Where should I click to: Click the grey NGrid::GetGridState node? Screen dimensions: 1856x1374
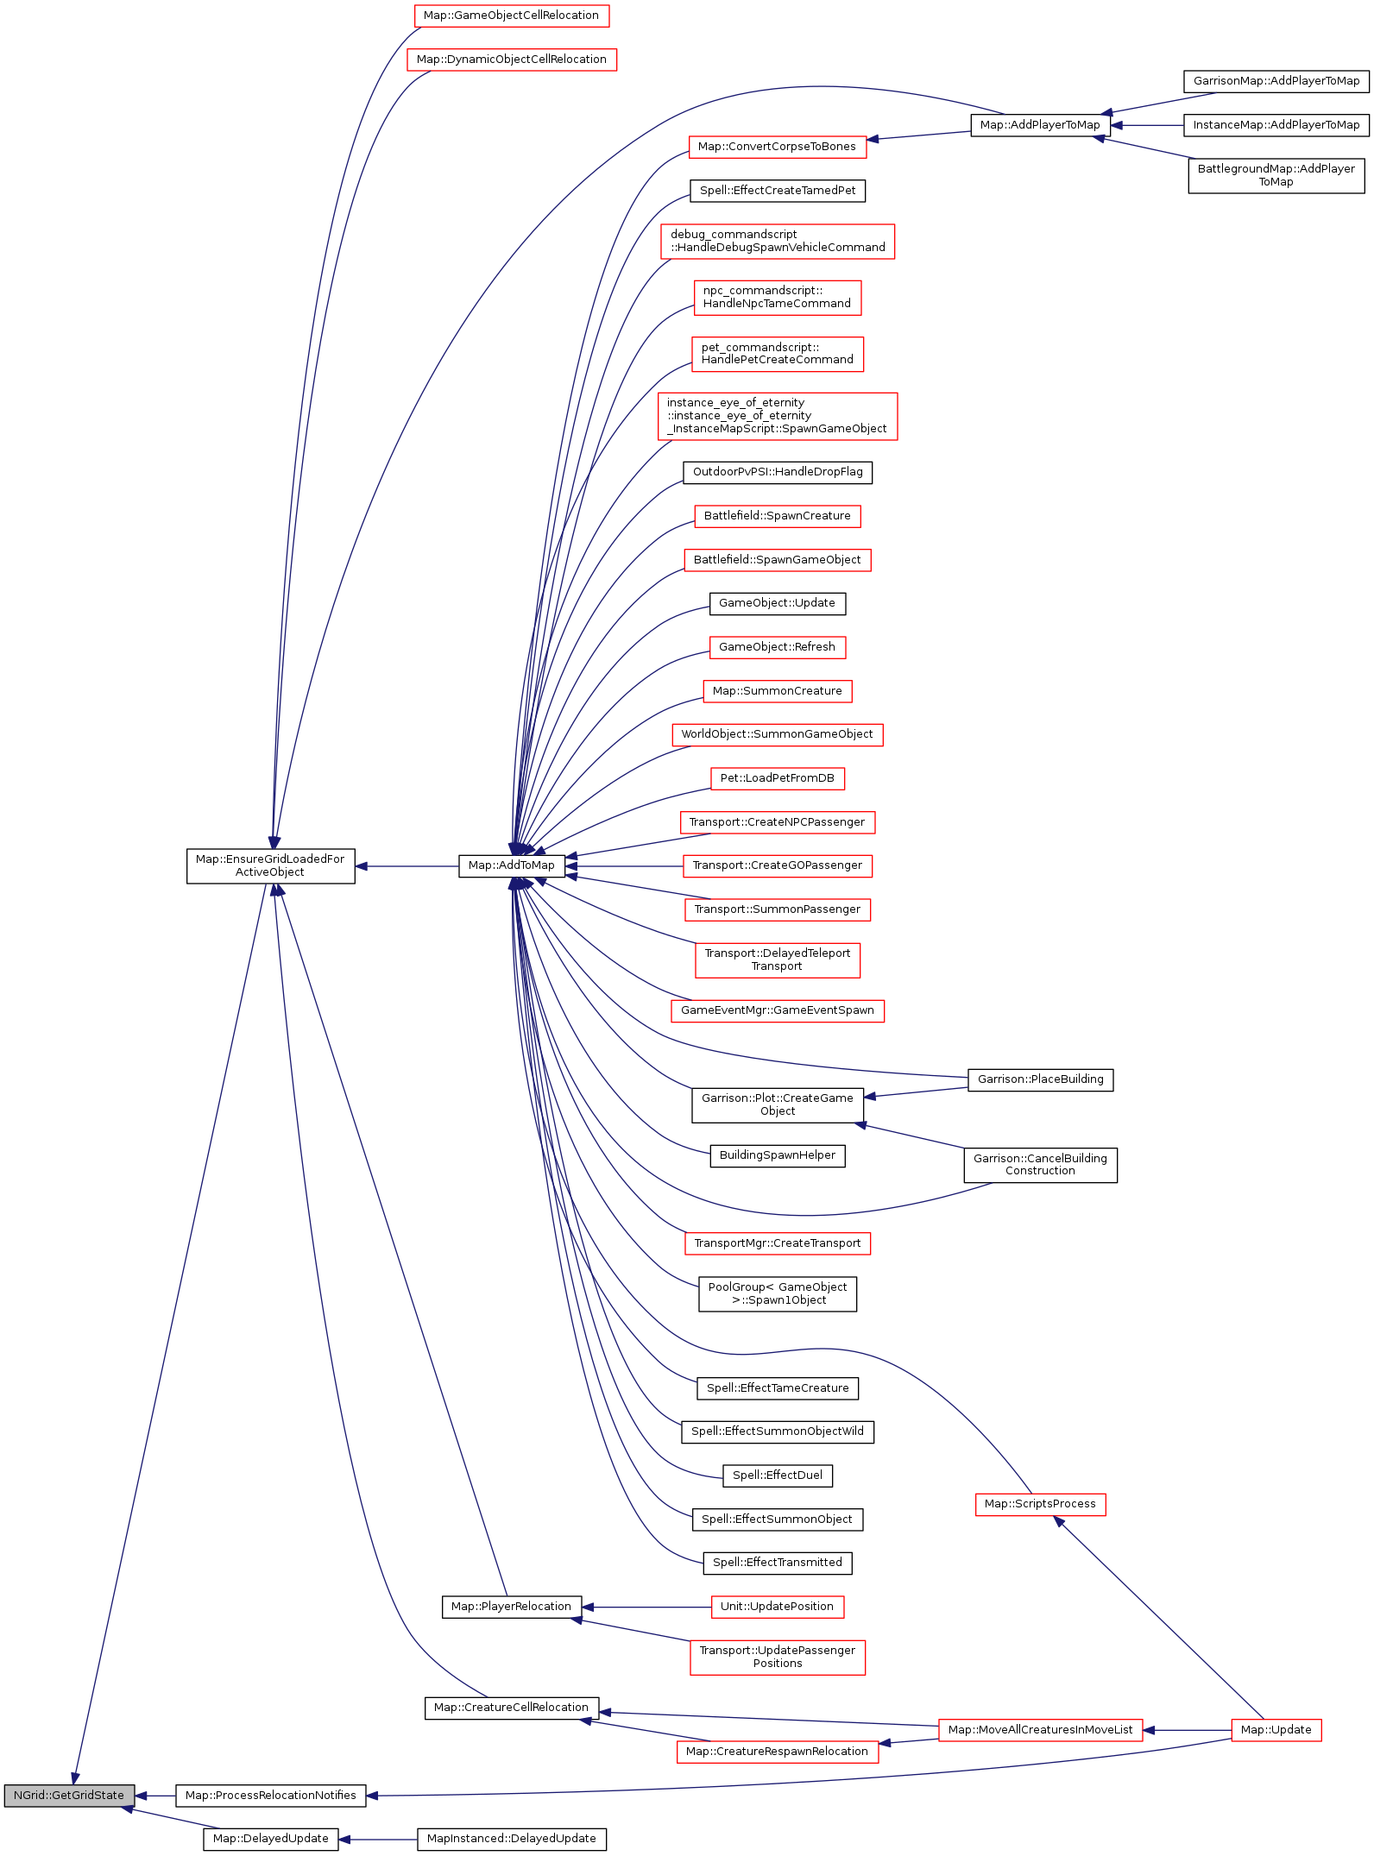69,1795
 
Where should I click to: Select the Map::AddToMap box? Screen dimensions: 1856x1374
511,865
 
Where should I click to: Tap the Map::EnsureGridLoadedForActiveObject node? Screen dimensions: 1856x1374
270,865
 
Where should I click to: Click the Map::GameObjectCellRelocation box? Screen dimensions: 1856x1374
511,16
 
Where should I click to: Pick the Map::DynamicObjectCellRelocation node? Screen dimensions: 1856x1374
511,60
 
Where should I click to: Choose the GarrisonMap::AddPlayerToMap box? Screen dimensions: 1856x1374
1276,81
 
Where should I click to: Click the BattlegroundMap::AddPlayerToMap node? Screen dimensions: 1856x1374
1276,175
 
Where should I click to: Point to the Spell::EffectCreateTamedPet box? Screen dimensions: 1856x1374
777,191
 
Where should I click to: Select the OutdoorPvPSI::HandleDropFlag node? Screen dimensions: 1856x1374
777,472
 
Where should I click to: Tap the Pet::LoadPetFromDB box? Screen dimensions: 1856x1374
777,778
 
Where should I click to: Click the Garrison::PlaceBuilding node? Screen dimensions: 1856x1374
1040,1079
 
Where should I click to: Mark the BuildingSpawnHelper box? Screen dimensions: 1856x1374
777,1155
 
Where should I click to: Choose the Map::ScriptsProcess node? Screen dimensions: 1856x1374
1040,1504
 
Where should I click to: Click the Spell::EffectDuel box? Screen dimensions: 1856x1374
777,1475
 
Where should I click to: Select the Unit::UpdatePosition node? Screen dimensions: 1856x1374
777,1607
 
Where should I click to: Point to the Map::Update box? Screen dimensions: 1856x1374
1276,1730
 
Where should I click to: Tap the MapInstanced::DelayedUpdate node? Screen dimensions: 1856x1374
511,1839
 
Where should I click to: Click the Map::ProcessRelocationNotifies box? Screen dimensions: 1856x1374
270,1796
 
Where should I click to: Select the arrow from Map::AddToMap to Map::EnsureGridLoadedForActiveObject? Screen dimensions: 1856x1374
407,865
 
